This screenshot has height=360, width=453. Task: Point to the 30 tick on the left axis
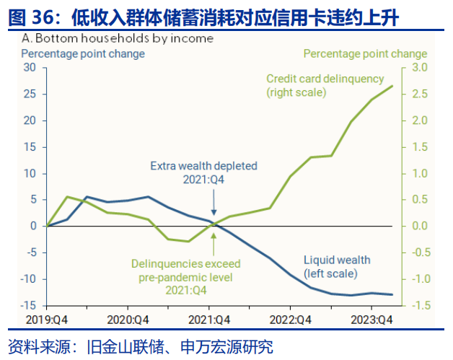point(30,68)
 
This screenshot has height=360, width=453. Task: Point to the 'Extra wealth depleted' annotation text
point(203,166)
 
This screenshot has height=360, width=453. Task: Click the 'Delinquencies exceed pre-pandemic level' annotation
point(187,271)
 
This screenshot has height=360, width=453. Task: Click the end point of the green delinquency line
point(392,86)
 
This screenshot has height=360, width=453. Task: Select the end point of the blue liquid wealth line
point(392,294)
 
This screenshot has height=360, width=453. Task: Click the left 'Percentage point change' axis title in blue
point(83,53)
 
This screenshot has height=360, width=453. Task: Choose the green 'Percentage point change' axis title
point(365,53)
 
